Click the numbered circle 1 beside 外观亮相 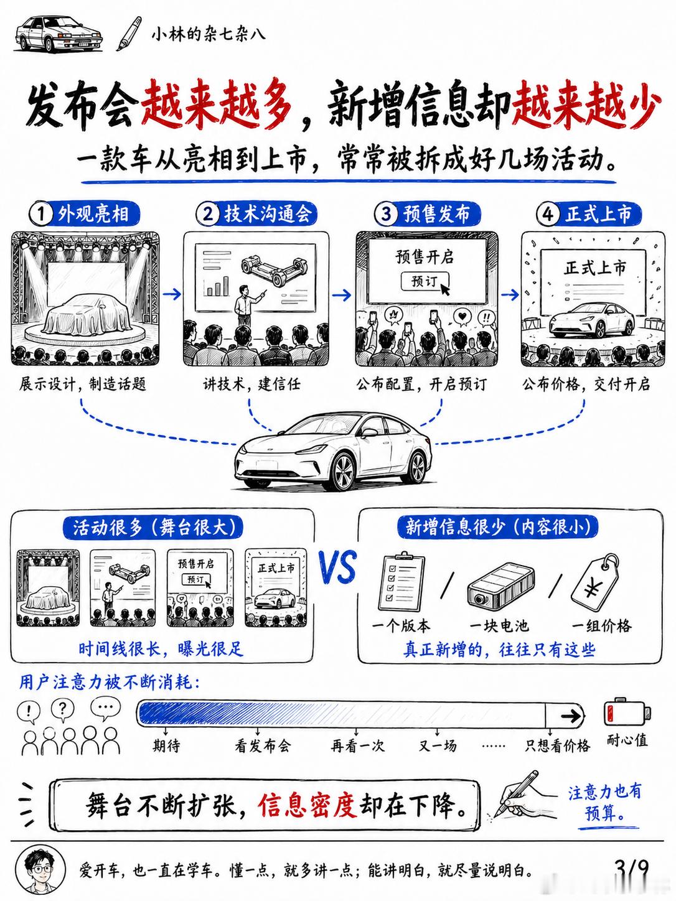42,214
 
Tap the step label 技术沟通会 268,214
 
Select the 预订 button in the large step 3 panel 425,282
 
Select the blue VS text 338,567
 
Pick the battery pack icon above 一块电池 500,585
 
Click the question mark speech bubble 62,709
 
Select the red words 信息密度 307,806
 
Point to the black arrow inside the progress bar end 571,716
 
